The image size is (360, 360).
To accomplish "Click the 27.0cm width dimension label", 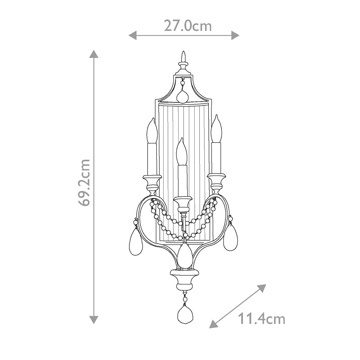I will pos(187,26).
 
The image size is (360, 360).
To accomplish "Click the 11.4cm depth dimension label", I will pos(261,319).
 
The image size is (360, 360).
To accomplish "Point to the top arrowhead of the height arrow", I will pos(94,54).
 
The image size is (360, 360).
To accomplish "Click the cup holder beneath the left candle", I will pos(152,183).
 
